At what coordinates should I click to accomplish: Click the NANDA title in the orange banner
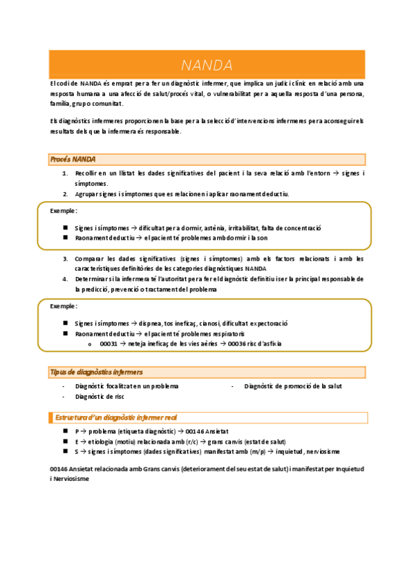(x=207, y=66)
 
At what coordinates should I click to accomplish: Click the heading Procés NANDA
(x=73, y=160)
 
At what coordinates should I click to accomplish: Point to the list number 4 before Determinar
(x=65, y=279)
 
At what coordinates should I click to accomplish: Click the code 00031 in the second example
(x=109, y=343)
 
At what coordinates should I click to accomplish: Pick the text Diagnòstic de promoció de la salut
(x=293, y=386)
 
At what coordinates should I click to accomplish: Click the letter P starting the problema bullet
(x=77, y=431)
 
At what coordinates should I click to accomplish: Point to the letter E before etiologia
(x=77, y=441)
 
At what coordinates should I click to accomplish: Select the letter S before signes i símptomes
(x=77, y=451)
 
